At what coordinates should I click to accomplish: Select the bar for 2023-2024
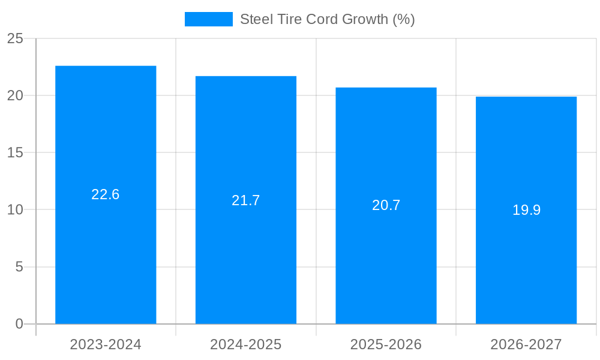(106, 252)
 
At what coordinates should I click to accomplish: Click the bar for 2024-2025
(246, 258)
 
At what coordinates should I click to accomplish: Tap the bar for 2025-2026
(386, 264)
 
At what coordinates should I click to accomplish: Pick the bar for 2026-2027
(526, 270)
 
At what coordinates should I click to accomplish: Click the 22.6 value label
(106, 194)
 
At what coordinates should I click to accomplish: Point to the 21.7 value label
(246, 200)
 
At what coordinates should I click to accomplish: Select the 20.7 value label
(386, 205)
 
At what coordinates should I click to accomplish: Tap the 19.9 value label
(526, 210)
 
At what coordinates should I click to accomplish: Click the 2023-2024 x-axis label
(106, 344)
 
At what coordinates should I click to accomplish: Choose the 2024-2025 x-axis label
(246, 344)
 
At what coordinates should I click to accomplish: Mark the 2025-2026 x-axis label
(386, 344)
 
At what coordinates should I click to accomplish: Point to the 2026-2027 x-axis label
(526, 344)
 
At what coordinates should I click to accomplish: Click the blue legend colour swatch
(208, 19)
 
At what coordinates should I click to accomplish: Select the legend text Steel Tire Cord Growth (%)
(328, 19)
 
